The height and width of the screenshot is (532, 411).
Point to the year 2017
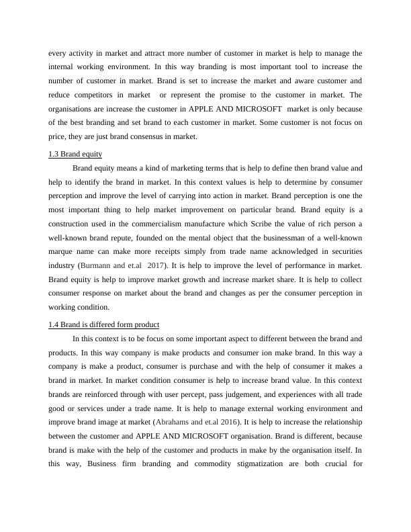tap(156, 265)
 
